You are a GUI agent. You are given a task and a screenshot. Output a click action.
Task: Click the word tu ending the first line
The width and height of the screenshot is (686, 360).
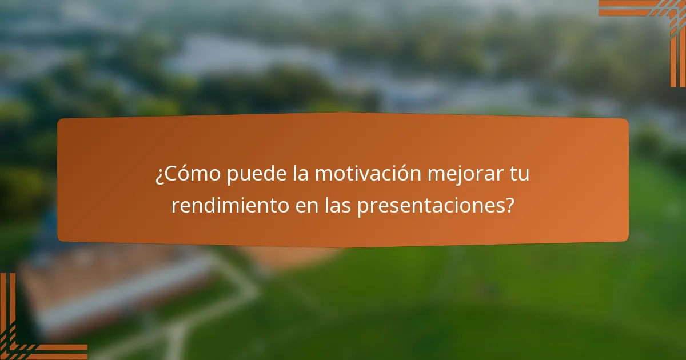point(520,174)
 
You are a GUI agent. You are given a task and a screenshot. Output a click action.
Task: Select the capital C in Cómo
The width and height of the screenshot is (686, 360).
point(169,174)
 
